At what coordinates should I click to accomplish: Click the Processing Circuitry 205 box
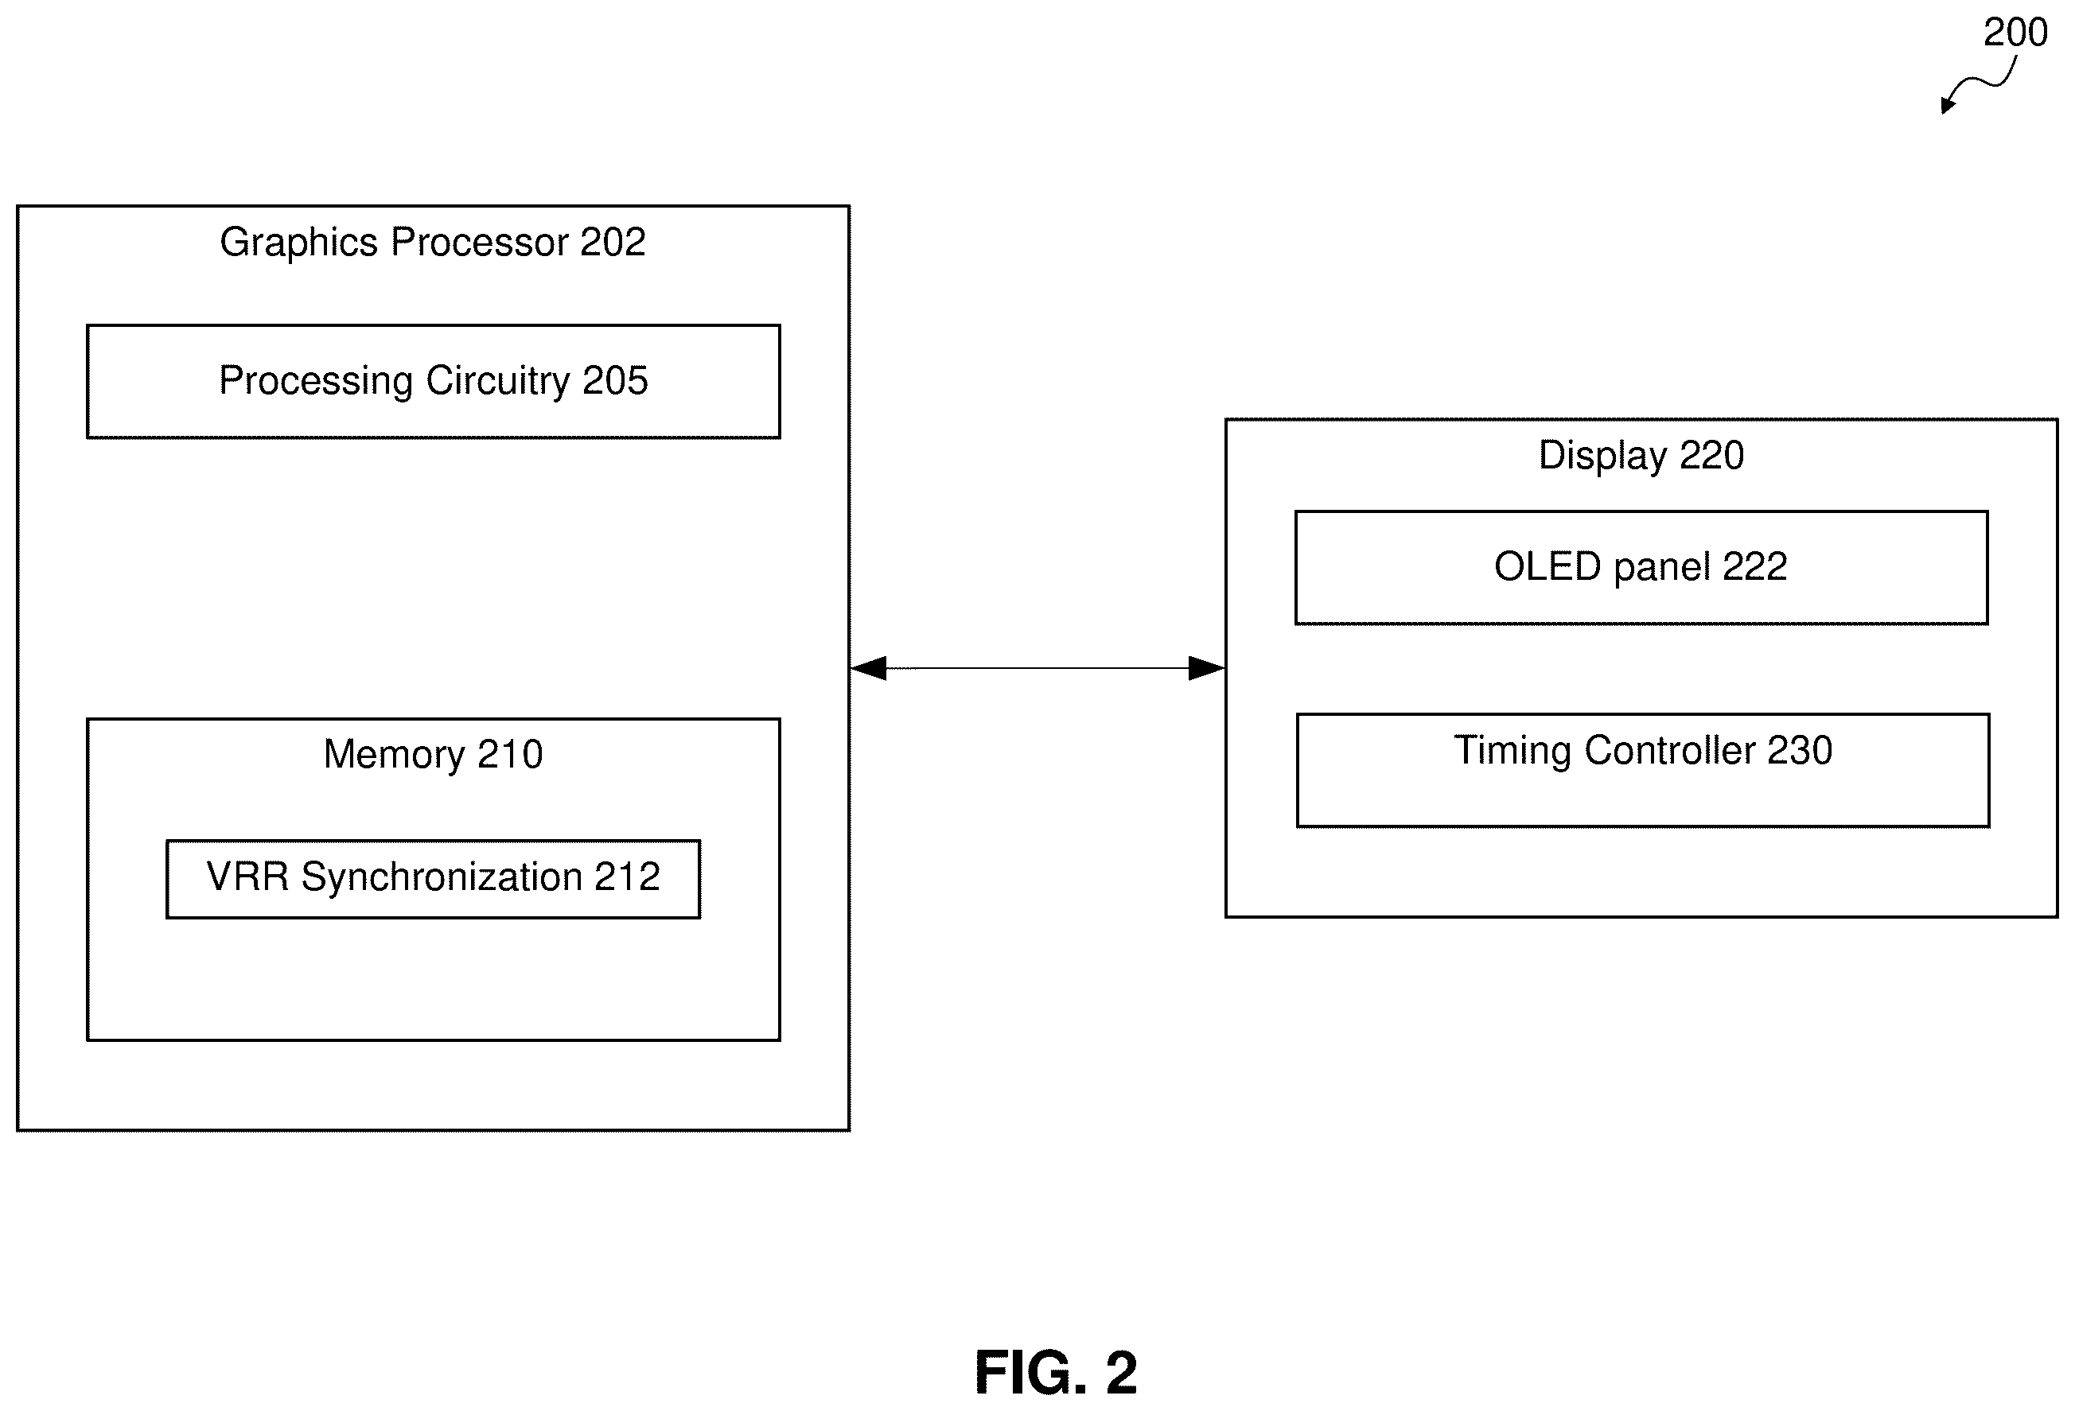tap(433, 381)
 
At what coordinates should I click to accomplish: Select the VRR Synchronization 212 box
tap(433, 879)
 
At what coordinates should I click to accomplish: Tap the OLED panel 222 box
tap(1641, 568)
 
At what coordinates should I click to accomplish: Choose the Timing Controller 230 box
tap(1643, 770)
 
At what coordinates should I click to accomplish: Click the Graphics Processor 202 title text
tap(433, 243)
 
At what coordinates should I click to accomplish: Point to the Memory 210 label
tap(433, 754)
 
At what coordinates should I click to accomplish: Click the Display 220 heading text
tap(1641, 456)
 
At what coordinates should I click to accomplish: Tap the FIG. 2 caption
tap(1057, 1372)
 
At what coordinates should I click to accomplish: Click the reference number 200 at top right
tap(2015, 33)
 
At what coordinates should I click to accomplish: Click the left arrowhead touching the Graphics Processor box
tap(868, 667)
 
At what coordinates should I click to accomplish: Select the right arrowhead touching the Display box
tap(1206, 667)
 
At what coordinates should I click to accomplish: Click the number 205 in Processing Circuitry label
tap(615, 381)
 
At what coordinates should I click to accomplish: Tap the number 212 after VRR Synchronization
tap(628, 877)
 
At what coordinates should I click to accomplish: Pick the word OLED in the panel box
tap(1547, 567)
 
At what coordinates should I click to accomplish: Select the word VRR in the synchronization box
tap(248, 877)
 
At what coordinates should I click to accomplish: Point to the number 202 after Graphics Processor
tap(613, 242)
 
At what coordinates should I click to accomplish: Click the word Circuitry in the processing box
tap(497, 382)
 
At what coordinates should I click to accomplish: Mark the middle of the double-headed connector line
tap(1037, 667)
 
